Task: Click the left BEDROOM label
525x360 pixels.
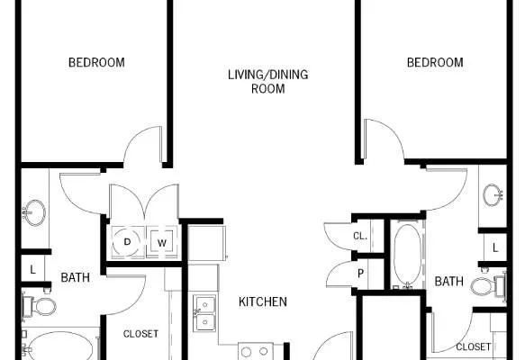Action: pyautogui.click(x=96, y=63)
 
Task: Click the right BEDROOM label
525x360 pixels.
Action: pyautogui.click(x=435, y=63)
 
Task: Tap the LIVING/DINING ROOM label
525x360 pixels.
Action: pyautogui.click(x=267, y=82)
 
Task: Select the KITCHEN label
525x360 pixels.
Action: pyautogui.click(x=263, y=301)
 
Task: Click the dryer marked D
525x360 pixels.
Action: pyautogui.click(x=127, y=241)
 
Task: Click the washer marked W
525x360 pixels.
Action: pyautogui.click(x=162, y=242)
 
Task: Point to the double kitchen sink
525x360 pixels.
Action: pyautogui.click(x=204, y=313)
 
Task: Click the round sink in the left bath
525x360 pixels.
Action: pyautogui.click(x=34, y=212)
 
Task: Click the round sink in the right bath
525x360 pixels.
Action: pyautogui.click(x=493, y=195)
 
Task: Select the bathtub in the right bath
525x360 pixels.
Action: pyautogui.click(x=407, y=255)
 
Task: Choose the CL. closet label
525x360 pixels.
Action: pyautogui.click(x=360, y=236)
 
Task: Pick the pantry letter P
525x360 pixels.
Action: pyautogui.click(x=360, y=274)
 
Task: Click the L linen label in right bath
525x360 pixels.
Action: pyautogui.click(x=495, y=247)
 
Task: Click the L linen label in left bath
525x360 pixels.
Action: pyautogui.click(x=32, y=269)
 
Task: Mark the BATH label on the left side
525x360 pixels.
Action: pyautogui.click(x=76, y=277)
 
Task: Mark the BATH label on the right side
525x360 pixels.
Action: pyautogui.click(x=449, y=282)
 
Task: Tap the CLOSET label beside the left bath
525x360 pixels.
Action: pyautogui.click(x=140, y=334)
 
